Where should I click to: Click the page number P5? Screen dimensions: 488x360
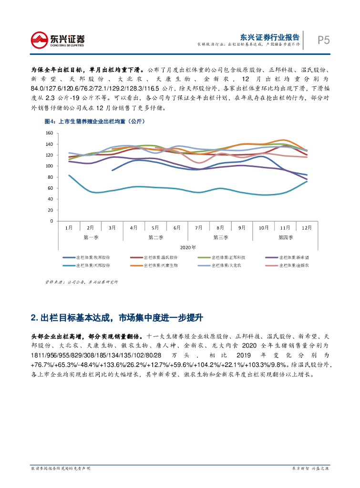click(324, 40)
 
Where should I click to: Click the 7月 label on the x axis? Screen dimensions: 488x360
click(199, 228)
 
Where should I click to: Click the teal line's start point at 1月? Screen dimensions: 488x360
click(69, 175)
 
